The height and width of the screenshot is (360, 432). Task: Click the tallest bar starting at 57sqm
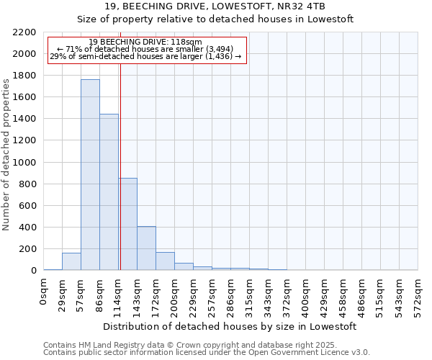point(90,175)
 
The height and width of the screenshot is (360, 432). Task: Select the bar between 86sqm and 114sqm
point(109,192)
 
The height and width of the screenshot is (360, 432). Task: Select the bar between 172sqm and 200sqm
point(165,261)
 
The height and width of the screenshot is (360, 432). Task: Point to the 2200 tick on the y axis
point(24,32)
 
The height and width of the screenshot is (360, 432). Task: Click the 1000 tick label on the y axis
point(24,163)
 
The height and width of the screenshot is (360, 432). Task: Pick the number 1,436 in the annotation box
point(219,56)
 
